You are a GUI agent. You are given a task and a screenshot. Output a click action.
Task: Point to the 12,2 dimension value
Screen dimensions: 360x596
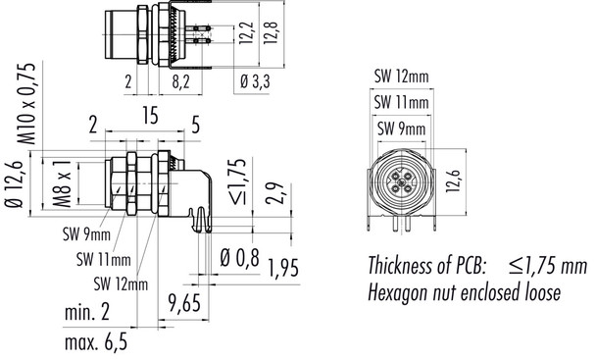coord(246,37)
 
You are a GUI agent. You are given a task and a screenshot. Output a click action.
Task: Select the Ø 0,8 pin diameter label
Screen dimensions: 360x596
coord(240,259)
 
